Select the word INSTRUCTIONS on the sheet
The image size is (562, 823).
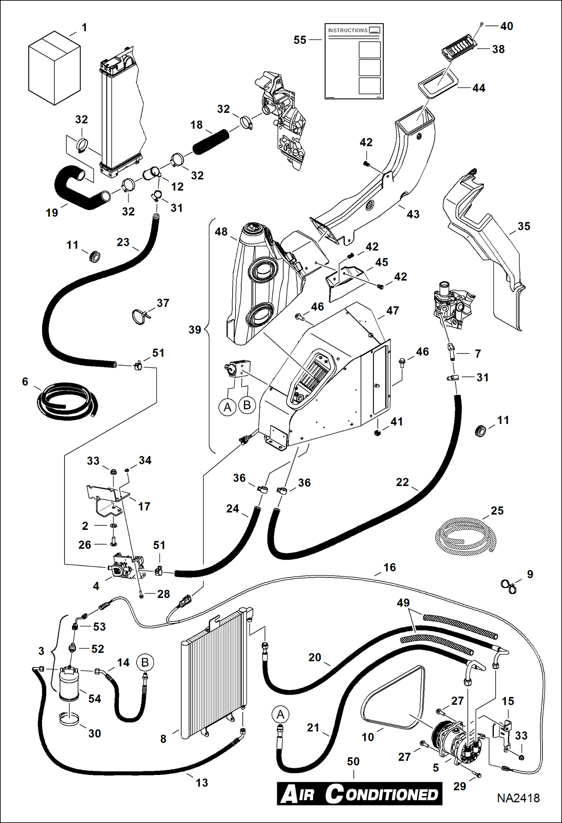(347, 30)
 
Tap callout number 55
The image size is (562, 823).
(300, 40)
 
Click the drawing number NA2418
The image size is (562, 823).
(518, 798)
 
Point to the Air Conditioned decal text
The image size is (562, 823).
(359, 794)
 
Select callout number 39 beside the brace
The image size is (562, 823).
(195, 330)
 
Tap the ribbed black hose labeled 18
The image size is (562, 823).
(211, 141)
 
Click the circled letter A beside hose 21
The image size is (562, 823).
(280, 714)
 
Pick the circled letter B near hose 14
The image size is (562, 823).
(145, 662)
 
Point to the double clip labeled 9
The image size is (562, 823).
(508, 586)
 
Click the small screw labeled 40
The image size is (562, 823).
(481, 25)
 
